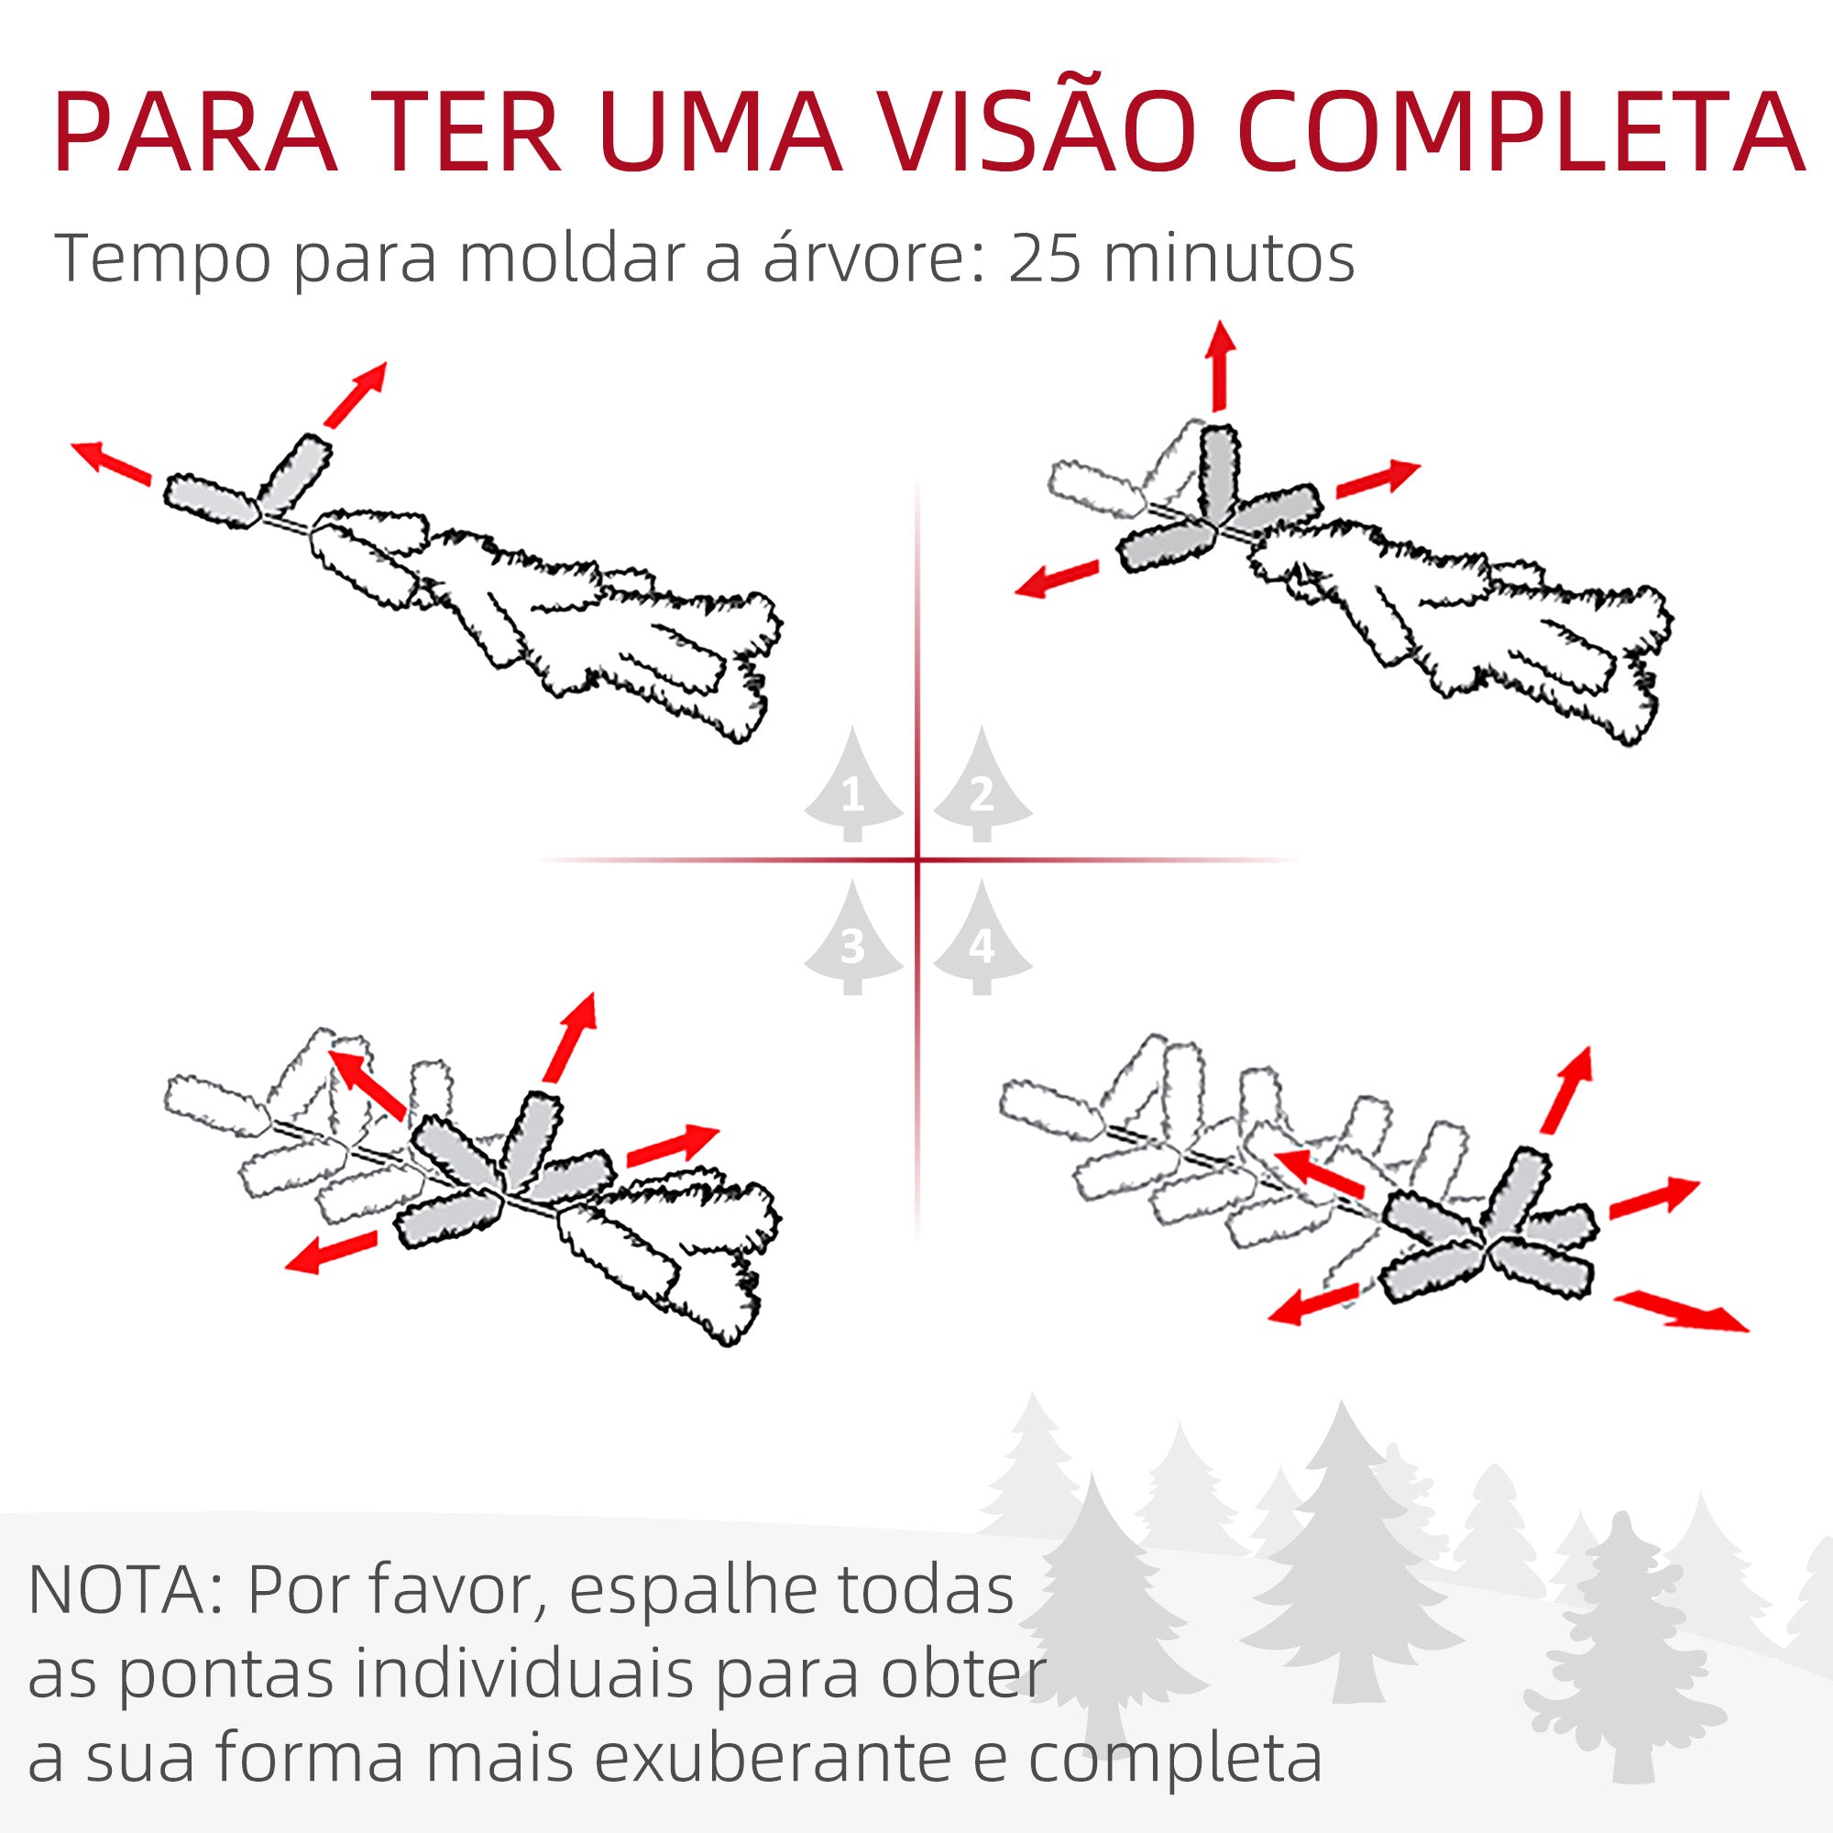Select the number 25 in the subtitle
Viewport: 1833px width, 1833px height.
click(x=1044, y=258)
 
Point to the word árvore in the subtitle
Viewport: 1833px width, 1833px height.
click(x=864, y=258)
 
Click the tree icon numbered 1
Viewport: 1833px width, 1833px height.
click(x=853, y=788)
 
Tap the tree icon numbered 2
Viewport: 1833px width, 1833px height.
click(x=982, y=788)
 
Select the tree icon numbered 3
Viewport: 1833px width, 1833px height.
click(x=853, y=940)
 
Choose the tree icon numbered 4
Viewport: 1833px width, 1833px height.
click(x=982, y=940)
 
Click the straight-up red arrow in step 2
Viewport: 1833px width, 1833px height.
click(x=1220, y=367)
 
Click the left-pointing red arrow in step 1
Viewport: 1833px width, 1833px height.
click(x=112, y=462)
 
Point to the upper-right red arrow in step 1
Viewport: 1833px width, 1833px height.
click(x=356, y=394)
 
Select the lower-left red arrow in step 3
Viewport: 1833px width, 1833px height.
click(x=331, y=1253)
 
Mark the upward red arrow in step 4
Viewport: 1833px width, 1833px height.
click(x=1567, y=1090)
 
